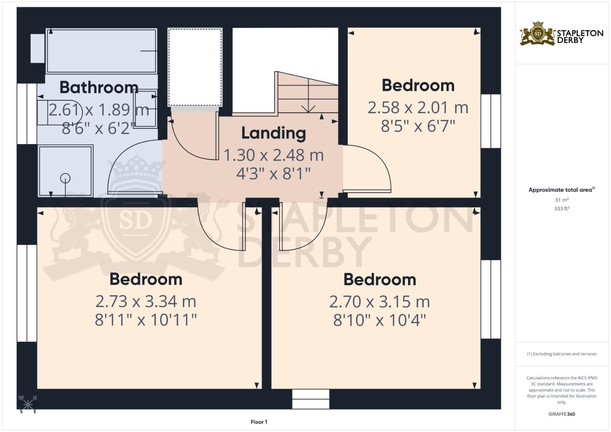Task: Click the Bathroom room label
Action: pyautogui.click(x=99, y=87)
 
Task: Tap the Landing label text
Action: pyautogui.click(x=274, y=133)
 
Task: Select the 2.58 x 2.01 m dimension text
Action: pyautogui.click(x=418, y=107)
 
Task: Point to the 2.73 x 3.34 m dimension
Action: pyautogui.click(x=146, y=301)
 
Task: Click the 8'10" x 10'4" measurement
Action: pyautogui.click(x=379, y=320)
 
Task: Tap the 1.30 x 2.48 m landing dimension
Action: pyautogui.click(x=274, y=155)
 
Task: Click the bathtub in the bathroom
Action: pyautogui.click(x=102, y=51)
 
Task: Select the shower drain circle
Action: pyautogui.click(x=65, y=178)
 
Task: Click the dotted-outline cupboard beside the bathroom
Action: pyautogui.click(x=195, y=67)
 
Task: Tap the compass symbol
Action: pyautogui.click(x=28, y=404)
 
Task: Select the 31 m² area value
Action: pyautogui.click(x=562, y=200)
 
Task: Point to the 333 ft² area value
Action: pyautogui.click(x=562, y=208)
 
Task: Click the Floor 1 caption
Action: pyautogui.click(x=259, y=422)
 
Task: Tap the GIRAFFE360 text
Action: pyautogui.click(x=562, y=414)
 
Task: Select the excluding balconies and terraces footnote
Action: pyautogui.click(x=562, y=354)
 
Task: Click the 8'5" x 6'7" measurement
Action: pyautogui.click(x=418, y=126)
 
